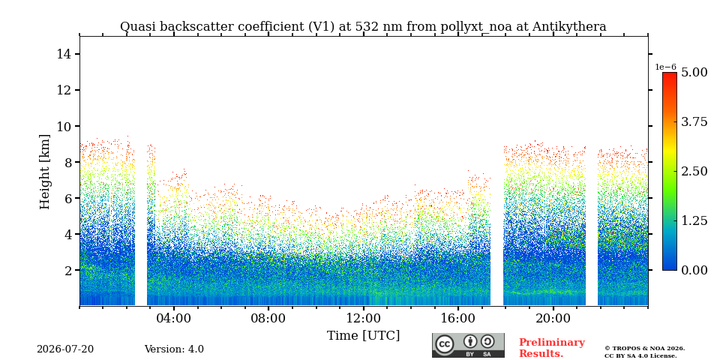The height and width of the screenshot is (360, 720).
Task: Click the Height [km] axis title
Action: (x=44, y=172)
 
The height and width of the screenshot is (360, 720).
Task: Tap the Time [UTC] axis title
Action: (x=363, y=336)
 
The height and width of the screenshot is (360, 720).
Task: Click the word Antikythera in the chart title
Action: (x=569, y=27)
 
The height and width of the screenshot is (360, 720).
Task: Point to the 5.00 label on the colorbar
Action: (x=694, y=73)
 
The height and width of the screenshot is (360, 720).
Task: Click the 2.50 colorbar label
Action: (x=694, y=171)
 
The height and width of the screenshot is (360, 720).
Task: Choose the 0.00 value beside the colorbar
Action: (x=694, y=271)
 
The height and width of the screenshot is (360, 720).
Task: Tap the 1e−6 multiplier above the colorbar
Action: (x=666, y=67)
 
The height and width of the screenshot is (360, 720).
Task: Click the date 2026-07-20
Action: (x=65, y=349)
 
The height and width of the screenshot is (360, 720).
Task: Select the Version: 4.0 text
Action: (x=174, y=349)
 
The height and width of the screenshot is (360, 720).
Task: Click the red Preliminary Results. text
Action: (x=552, y=348)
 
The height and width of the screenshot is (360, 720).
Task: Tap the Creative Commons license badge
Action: (x=468, y=345)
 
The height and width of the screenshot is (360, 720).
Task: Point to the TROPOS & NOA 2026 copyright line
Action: (x=645, y=349)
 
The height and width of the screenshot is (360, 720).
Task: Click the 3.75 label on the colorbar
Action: (x=694, y=121)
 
